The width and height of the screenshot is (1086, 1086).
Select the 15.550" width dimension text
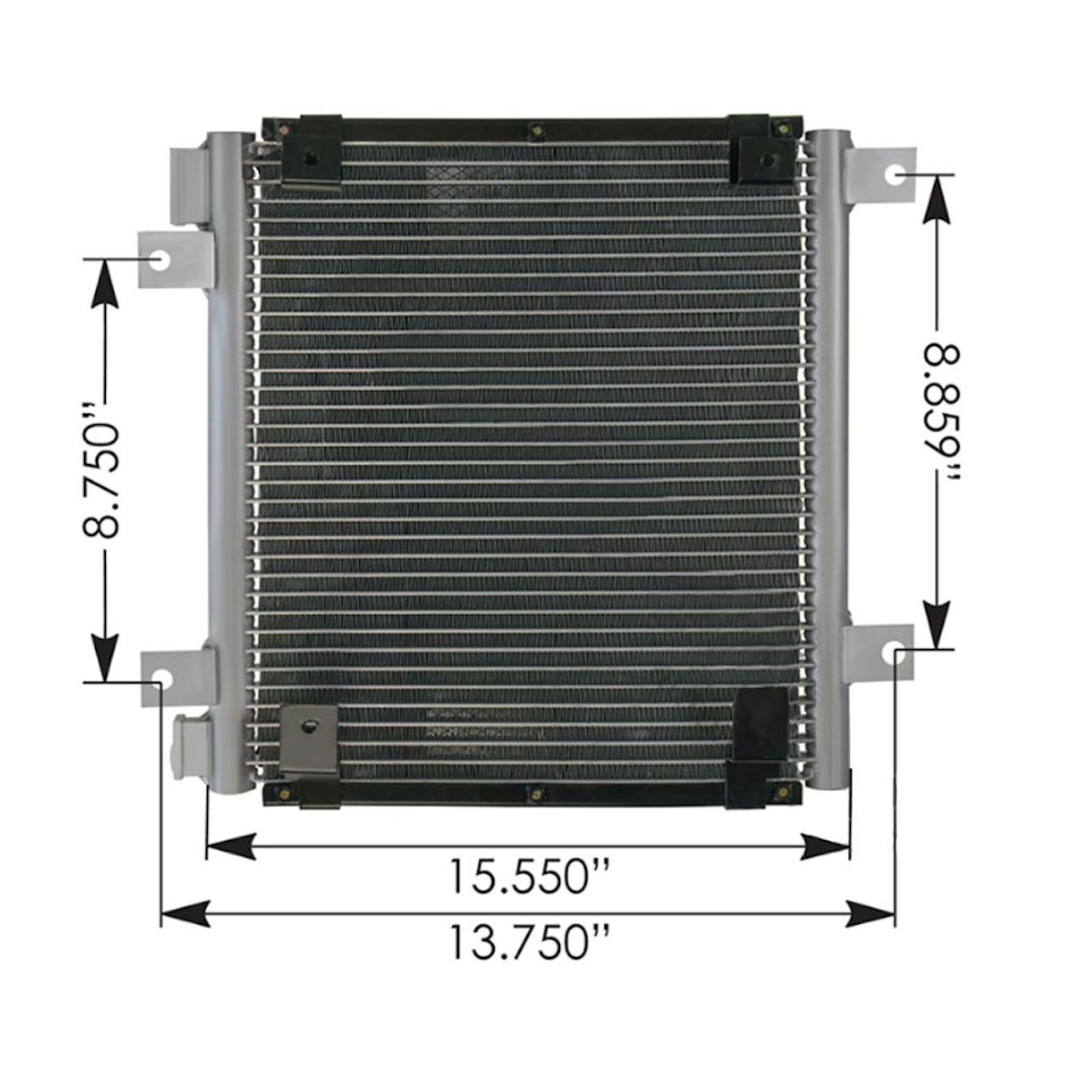pyautogui.click(x=529, y=877)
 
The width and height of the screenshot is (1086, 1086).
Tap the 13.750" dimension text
pyautogui.click(x=529, y=942)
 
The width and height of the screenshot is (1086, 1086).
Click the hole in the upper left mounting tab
pyautogui.click(x=160, y=261)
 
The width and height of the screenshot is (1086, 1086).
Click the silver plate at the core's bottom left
pyautogui.click(x=310, y=739)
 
